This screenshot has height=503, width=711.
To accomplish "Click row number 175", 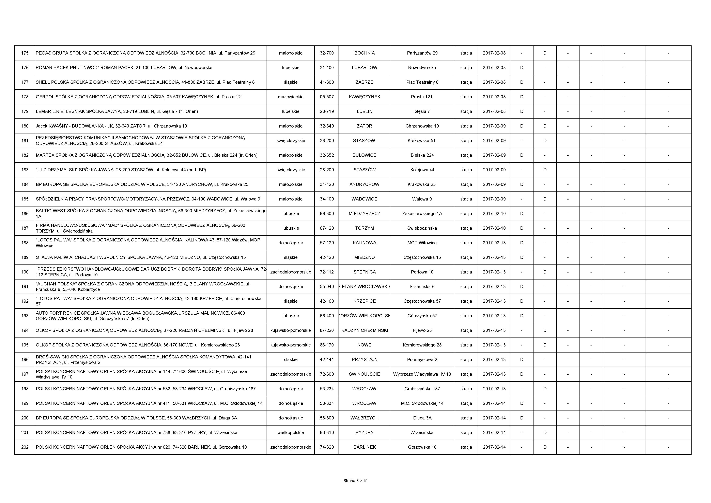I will point(25,53).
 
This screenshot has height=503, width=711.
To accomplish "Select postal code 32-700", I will point(327,53).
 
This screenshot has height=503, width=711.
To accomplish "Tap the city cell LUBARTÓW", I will point(365,68).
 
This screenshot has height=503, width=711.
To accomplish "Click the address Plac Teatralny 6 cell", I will point(422,82).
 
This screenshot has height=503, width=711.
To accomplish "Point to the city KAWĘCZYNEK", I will point(365,97).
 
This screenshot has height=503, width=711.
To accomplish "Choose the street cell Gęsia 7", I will point(422,111).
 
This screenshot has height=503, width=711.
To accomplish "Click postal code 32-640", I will point(327,126).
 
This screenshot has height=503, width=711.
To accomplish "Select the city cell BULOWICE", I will point(365,155).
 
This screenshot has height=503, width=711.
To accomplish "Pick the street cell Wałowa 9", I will point(422,199).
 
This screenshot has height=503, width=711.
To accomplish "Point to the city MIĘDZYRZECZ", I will point(365,213).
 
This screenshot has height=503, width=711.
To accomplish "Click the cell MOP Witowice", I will point(422,243).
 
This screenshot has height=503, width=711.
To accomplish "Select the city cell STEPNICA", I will point(365,272).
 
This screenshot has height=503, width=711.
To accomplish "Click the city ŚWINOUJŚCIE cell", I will point(365,374).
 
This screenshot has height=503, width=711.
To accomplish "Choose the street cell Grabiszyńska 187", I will point(422,389).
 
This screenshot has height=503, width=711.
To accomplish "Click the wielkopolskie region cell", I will point(291,432).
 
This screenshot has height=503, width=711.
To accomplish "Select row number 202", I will point(25,447).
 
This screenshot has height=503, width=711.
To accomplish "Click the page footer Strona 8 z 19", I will point(355,481).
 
